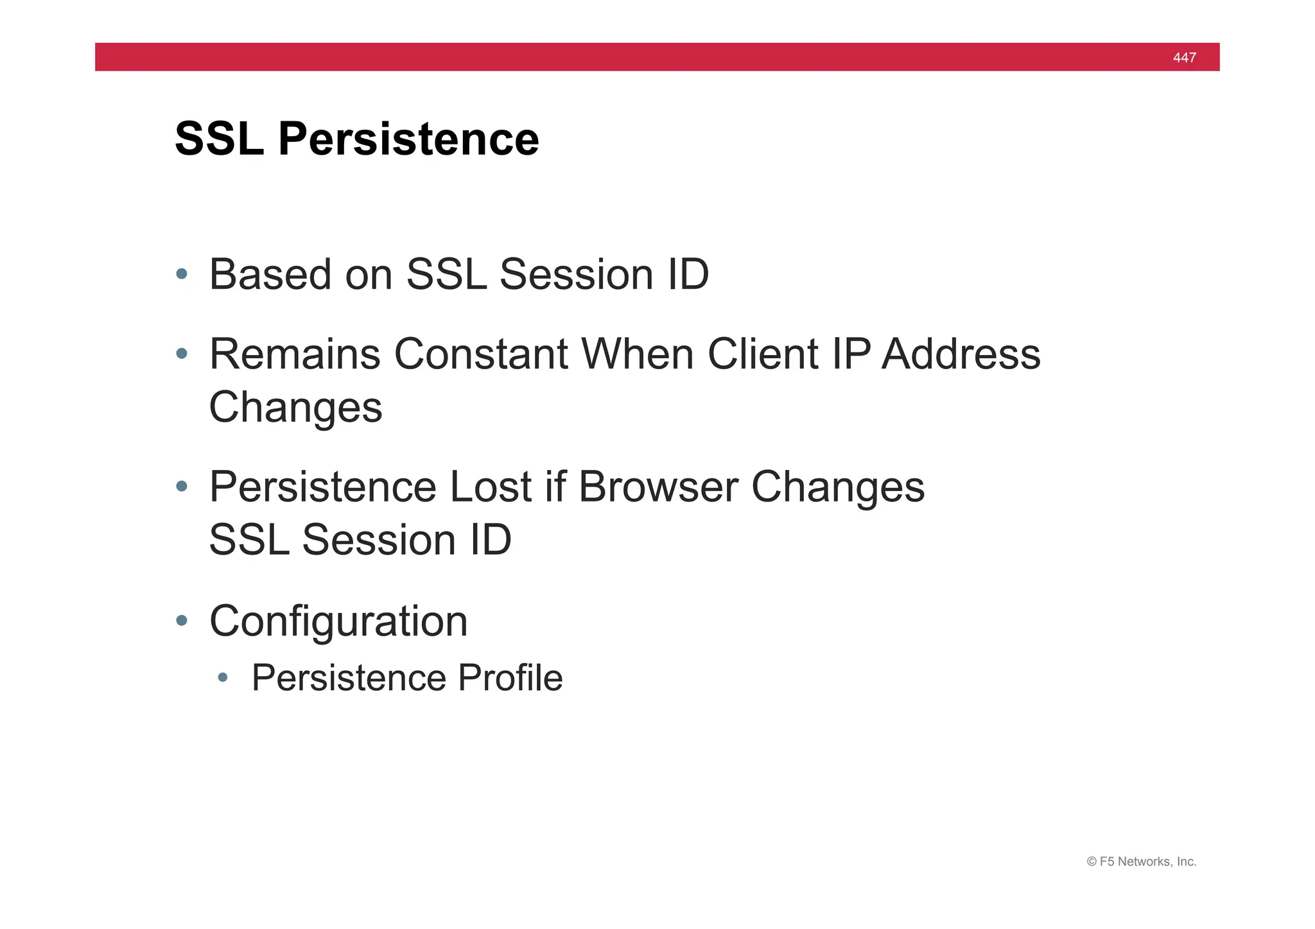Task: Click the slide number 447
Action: click(x=1184, y=58)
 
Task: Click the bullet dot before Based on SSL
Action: click(x=182, y=274)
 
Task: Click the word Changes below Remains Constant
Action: click(x=295, y=408)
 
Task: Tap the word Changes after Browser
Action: click(x=838, y=488)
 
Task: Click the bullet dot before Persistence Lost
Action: click(x=182, y=487)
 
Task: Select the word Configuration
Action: click(x=338, y=621)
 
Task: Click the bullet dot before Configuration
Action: click(x=182, y=620)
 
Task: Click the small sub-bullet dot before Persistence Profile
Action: click(x=223, y=677)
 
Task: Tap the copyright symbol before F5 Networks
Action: click(x=1091, y=862)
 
